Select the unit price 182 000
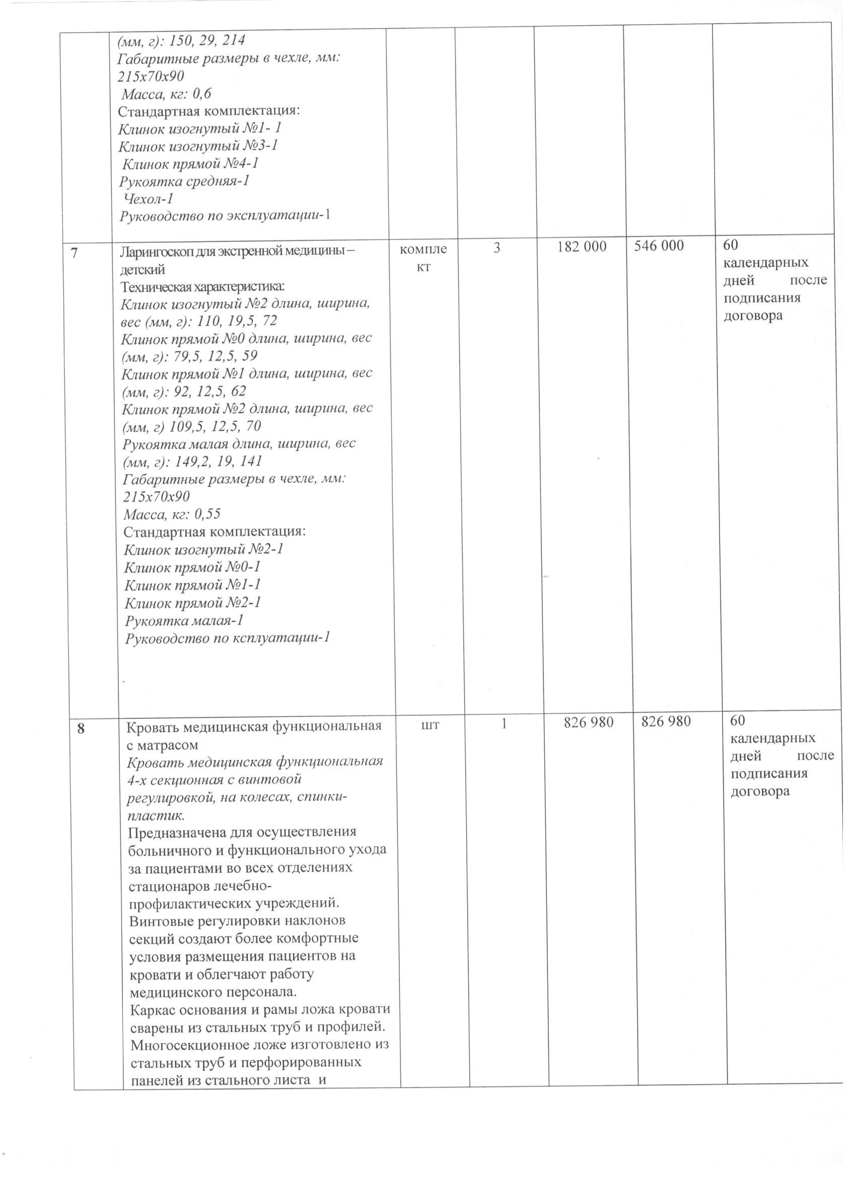582,247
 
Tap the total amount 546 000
659,246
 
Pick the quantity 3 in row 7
497,248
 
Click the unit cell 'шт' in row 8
432,725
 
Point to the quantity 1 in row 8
504,723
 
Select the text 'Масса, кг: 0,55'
172,514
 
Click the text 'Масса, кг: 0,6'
166,94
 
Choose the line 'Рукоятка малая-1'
184,621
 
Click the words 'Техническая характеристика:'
203,286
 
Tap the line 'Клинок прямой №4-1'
190,164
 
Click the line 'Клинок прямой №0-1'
192,567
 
